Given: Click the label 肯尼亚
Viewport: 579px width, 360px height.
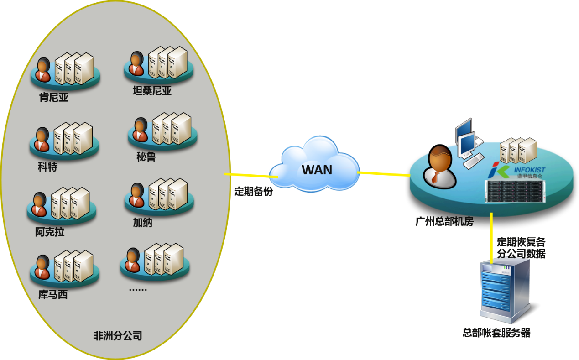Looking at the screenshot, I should [54, 97].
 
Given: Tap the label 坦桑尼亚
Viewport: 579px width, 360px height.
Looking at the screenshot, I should [152, 91].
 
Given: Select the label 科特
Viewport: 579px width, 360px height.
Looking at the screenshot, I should [47, 167].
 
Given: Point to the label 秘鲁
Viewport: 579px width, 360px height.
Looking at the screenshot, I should [146, 157].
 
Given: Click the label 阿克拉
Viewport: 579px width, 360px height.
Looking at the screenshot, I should [50, 232].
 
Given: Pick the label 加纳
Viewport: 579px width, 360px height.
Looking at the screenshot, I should [142, 223].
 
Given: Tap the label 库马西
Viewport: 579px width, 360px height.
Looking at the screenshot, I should [53, 295].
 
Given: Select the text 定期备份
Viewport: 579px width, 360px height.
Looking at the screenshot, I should [253, 192].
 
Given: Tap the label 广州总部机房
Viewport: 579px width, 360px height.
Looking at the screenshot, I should [444, 222].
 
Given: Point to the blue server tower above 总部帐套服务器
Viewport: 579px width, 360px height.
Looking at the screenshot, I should [505, 290].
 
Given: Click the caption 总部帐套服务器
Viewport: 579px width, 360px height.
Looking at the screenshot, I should [496, 333].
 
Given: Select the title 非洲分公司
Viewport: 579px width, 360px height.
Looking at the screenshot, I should [118, 336].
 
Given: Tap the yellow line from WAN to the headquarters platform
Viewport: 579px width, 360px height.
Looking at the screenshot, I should [383, 173].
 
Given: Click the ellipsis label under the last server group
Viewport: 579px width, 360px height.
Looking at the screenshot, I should [137, 288].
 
